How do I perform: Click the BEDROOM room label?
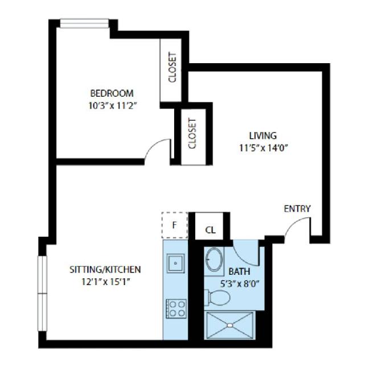pos(112,93)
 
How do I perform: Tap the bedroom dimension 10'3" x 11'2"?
pos(113,105)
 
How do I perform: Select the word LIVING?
pos(263,136)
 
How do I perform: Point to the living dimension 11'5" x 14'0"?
pos(264,148)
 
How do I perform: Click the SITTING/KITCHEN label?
pos(105,270)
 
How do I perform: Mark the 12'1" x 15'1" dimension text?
pos(106,282)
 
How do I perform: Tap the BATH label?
pos(239,271)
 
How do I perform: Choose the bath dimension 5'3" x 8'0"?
pos(240,283)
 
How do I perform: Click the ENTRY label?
pos(297,209)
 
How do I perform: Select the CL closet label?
pos(211,230)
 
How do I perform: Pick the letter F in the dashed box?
pos(174,225)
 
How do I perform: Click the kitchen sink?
pos(175,263)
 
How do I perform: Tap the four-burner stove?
pos(176,308)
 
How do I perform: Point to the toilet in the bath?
pos(217,297)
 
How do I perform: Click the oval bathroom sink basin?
pos(215,259)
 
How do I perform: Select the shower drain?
pos(229,325)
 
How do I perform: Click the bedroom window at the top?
pos(84,23)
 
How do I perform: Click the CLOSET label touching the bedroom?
pos(172,68)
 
